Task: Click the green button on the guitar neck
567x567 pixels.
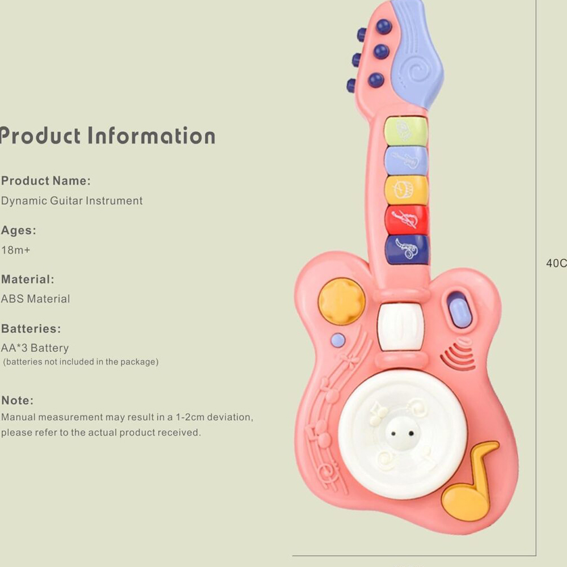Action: click(406, 131)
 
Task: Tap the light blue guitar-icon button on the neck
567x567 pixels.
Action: click(407, 160)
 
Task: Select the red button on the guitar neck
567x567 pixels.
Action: click(407, 219)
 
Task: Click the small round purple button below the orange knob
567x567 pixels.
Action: click(338, 340)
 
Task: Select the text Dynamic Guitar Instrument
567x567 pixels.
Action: click(72, 201)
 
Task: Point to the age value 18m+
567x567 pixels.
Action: click(15, 250)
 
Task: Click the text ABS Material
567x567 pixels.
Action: click(36, 299)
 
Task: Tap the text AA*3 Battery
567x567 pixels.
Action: click(35, 348)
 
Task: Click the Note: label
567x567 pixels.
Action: click(18, 400)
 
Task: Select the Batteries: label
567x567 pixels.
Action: click(31, 329)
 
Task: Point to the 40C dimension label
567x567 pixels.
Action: click(556, 263)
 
